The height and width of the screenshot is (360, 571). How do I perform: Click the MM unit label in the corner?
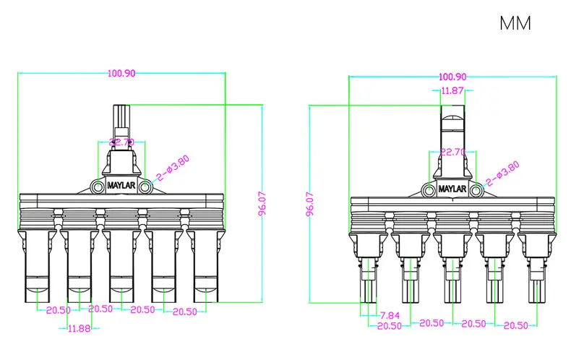[x=515, y=23]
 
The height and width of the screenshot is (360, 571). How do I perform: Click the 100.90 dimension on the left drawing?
[x=122, y=73]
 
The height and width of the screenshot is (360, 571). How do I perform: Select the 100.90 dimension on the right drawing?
[x=452, y=77]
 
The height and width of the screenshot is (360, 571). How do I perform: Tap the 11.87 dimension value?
[x=452, y=90]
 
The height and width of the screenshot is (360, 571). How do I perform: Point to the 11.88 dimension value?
[x=80, y=328]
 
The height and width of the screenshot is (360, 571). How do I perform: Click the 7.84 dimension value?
[x=390, y=315]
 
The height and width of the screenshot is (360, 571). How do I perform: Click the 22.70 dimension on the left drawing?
[x=121, y=142]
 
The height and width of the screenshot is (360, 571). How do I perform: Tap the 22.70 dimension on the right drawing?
[x=452, y=153]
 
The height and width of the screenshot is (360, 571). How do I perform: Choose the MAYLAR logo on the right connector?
[x=452, y=191]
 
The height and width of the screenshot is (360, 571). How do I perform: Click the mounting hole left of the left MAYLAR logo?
[x=98, y=187]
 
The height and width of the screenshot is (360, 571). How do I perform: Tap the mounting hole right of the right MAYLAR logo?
[x=476, y=191]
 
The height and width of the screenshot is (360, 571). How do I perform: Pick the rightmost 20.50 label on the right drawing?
[x=515, y=325]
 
